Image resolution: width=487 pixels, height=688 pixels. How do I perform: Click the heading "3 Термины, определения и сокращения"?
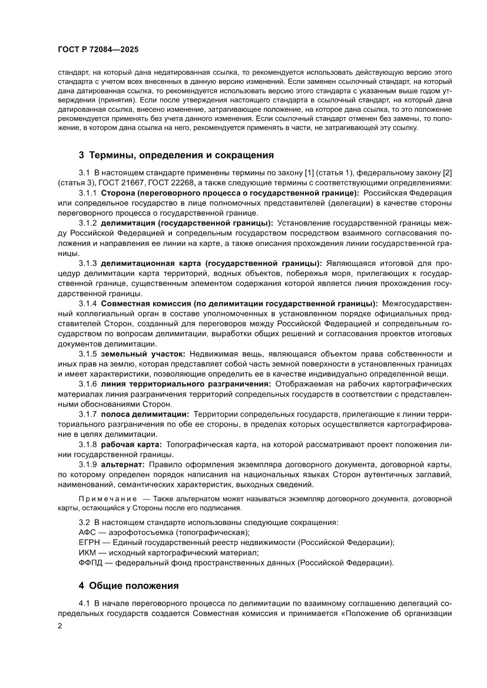pos(177,155)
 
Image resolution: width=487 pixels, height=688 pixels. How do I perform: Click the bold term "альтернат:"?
pos(127,464)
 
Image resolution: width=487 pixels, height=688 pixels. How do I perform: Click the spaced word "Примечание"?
pos(103,499)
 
